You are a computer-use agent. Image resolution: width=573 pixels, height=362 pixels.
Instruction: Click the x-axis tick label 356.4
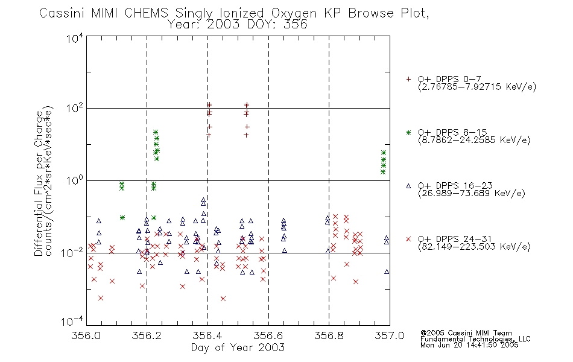click(207, 335)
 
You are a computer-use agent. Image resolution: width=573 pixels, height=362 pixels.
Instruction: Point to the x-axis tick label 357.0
click(390, 335)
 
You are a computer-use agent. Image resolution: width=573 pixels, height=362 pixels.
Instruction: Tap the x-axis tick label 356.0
click(86, 335)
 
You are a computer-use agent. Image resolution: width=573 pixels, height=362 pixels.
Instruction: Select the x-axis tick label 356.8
click(329, 335)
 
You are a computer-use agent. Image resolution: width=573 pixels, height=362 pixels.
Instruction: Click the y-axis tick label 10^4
click(75, 39)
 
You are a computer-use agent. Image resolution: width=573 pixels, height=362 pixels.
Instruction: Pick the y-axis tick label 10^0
click(75, 180)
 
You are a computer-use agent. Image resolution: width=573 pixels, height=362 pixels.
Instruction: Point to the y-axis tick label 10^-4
click(72, 321)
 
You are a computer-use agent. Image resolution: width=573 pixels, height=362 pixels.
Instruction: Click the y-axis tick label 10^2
click(75, 109)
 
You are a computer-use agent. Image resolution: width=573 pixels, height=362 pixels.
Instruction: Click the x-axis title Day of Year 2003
click(238, 348)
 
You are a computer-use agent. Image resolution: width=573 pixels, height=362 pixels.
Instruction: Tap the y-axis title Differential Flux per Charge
click(39, 183)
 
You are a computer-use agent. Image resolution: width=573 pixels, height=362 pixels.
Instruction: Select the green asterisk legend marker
click(408, 132)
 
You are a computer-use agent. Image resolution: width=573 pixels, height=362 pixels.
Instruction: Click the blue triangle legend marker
click(408, 186)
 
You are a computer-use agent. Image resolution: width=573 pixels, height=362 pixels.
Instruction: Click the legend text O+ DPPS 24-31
click(455, 239)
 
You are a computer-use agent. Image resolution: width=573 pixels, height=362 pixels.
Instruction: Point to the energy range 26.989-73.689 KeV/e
click(472, 193)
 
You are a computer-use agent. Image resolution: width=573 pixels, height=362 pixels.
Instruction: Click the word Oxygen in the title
click(294, 13)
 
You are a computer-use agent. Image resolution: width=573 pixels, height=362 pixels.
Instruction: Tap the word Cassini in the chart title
click(62, 13)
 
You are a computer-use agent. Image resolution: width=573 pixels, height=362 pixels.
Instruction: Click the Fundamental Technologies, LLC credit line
click(475, 339)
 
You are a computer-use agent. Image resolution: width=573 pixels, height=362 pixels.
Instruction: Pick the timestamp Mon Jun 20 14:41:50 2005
click(469, 345)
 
